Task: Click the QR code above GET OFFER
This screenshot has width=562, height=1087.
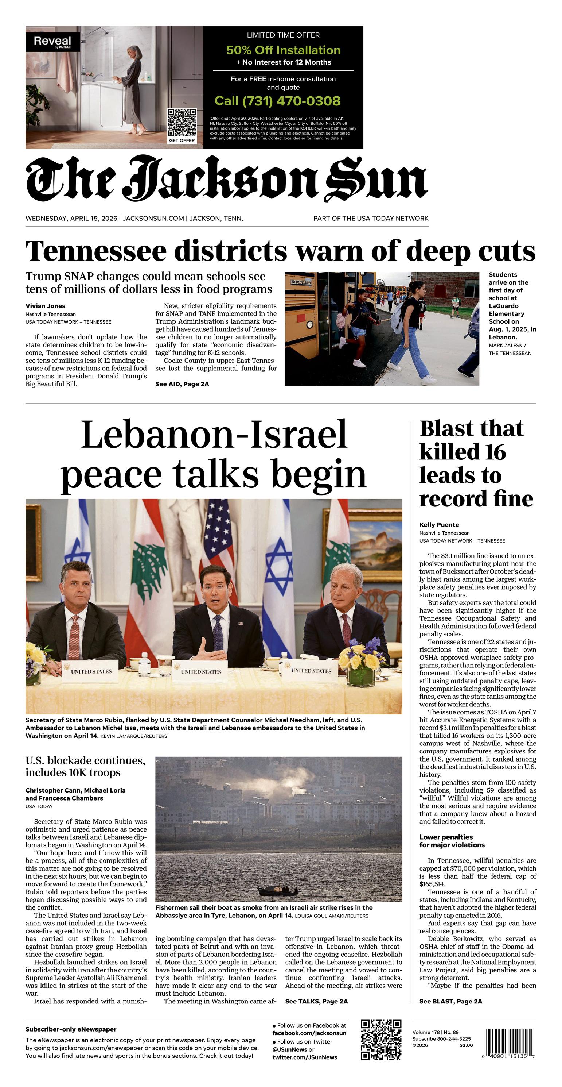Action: [182, 122]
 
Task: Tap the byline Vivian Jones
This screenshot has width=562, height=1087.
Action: [45, 306]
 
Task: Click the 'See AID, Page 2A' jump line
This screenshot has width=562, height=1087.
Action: [182, 384]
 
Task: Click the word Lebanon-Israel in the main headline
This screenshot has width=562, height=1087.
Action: [214, 434]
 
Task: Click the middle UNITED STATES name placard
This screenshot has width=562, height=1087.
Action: [201, 672]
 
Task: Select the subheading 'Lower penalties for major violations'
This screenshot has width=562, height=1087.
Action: [452, 841]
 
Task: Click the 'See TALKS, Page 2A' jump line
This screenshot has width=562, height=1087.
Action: [316, 1001]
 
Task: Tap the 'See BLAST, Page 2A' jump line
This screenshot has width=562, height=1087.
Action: [450, 1001]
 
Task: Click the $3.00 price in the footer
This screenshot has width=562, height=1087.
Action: [466, 1045]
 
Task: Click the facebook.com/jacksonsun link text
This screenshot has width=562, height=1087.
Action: [309, 1033]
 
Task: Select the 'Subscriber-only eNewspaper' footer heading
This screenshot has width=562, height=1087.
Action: [71, 1029]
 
